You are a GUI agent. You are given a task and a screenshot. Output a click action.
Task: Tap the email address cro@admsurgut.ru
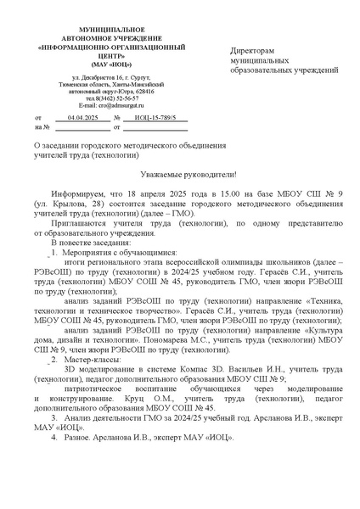click(x=93, y=104)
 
